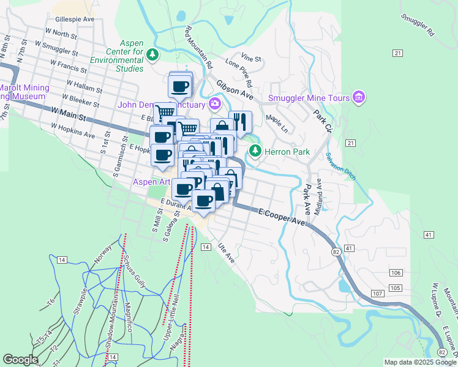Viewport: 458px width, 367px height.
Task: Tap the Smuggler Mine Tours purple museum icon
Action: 358,98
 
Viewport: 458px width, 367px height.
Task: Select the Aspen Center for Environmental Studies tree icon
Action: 152,55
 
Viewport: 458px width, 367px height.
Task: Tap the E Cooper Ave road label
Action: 282,217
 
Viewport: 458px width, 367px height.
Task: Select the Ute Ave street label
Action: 227,254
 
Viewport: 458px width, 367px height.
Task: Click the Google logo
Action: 20,359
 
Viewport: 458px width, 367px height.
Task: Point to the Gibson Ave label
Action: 234,89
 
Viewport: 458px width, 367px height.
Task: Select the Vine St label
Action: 251,59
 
